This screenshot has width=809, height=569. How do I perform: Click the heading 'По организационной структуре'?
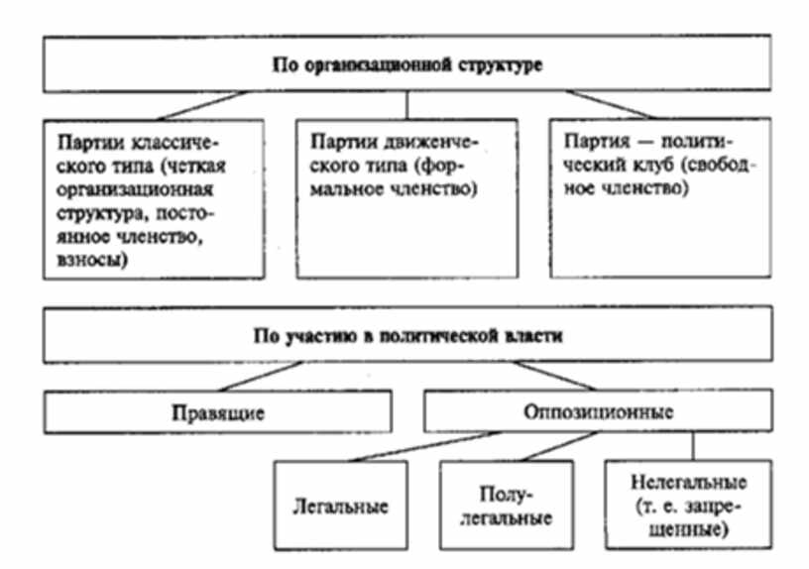point(406,63)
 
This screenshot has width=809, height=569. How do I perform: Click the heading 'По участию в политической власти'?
point(406,336)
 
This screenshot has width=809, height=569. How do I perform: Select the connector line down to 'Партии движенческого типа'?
point(406,103)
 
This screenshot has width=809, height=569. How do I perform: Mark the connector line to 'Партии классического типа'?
point(198,104)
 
